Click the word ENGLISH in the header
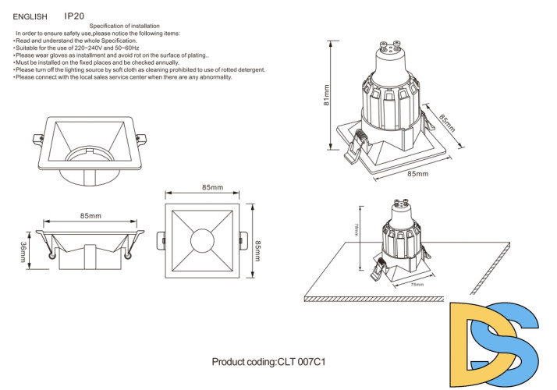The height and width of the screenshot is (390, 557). [30, 16]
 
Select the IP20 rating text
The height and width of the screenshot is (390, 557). [74, 15]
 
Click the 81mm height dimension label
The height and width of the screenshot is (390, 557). [328, 95]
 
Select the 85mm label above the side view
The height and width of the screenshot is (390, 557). [90, 216]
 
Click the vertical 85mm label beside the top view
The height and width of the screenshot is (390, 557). [258, 242]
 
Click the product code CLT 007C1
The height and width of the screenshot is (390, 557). [268, 363]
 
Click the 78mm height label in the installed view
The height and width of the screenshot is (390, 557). [357, 231]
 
